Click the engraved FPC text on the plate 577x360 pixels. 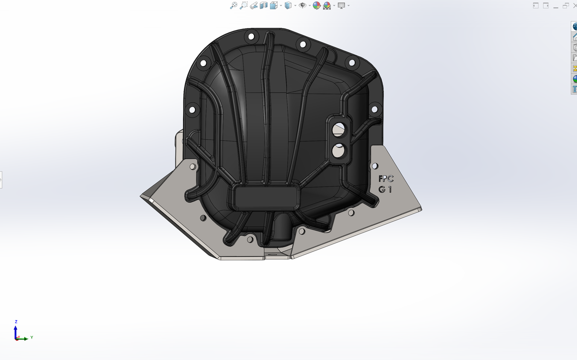(x=386, y=179)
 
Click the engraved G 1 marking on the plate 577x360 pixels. (x=385, y=189)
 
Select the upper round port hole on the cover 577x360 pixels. (x=339, y=128)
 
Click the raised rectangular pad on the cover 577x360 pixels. (x=266, y=197)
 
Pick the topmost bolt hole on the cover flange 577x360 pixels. (x=250, y=37)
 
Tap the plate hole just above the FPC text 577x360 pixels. (x=375, y=166)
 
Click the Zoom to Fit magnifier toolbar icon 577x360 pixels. (x=233, y=6)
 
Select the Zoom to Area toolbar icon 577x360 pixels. (x=244, y=6)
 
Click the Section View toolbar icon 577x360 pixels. (x=264, y=6)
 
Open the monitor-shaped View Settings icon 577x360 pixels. (x=341, y=6)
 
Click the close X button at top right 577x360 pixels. (x=574, y=6)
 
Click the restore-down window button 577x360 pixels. (x=566, y=6)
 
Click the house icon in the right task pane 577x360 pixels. (x=574, y=37)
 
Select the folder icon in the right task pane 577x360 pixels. (x=574, y=58)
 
